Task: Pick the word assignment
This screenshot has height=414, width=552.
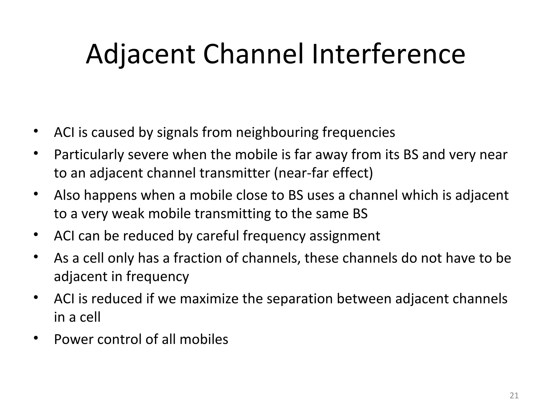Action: pyautogui.click(x=345, y=236)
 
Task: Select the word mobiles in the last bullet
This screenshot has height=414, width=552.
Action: pyautogui.click(x=204, y=339)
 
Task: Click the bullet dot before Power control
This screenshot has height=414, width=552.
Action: pyautogui.click(x=36, y=338)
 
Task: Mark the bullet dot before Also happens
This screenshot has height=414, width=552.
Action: pyautogui.click(x=36, y=194)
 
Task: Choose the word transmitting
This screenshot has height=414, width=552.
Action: pyautogui.click(x=233, y=214)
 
